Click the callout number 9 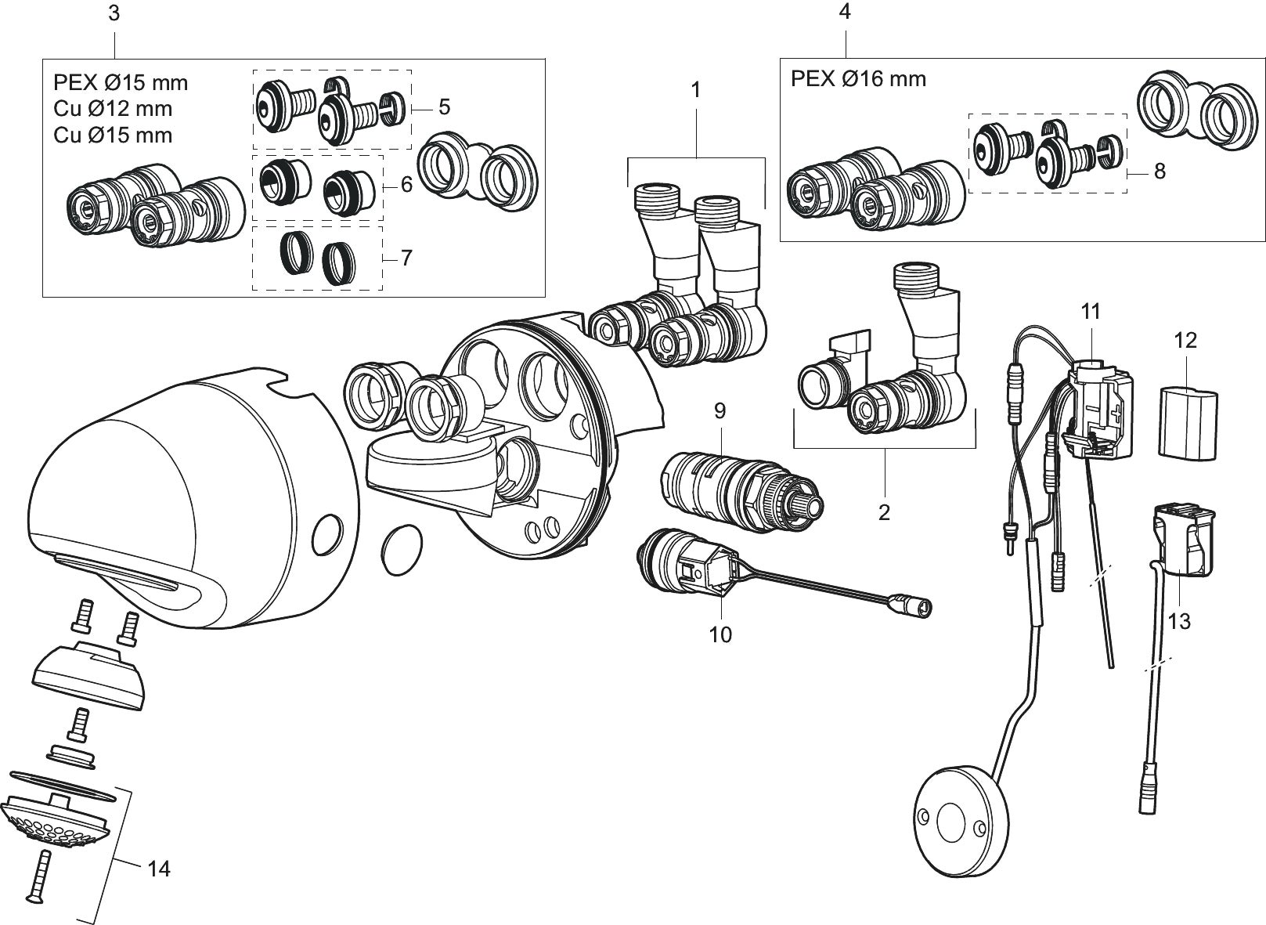(x=720, y=411)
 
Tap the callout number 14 (x=159, y=869)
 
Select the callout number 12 (x=1185, y=341)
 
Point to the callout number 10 (x=720, y=635)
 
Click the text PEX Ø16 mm (x=858, y=78)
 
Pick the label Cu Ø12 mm (x=113, y=109)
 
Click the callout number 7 (x=406, y=258)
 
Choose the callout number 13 (x=1179, y=622)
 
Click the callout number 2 (x=884, y=512)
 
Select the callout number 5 (x=444, y=107)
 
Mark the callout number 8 (x=1160, y=172)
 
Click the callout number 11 (x=1091, y=311)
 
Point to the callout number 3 (x=114, y=13)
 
